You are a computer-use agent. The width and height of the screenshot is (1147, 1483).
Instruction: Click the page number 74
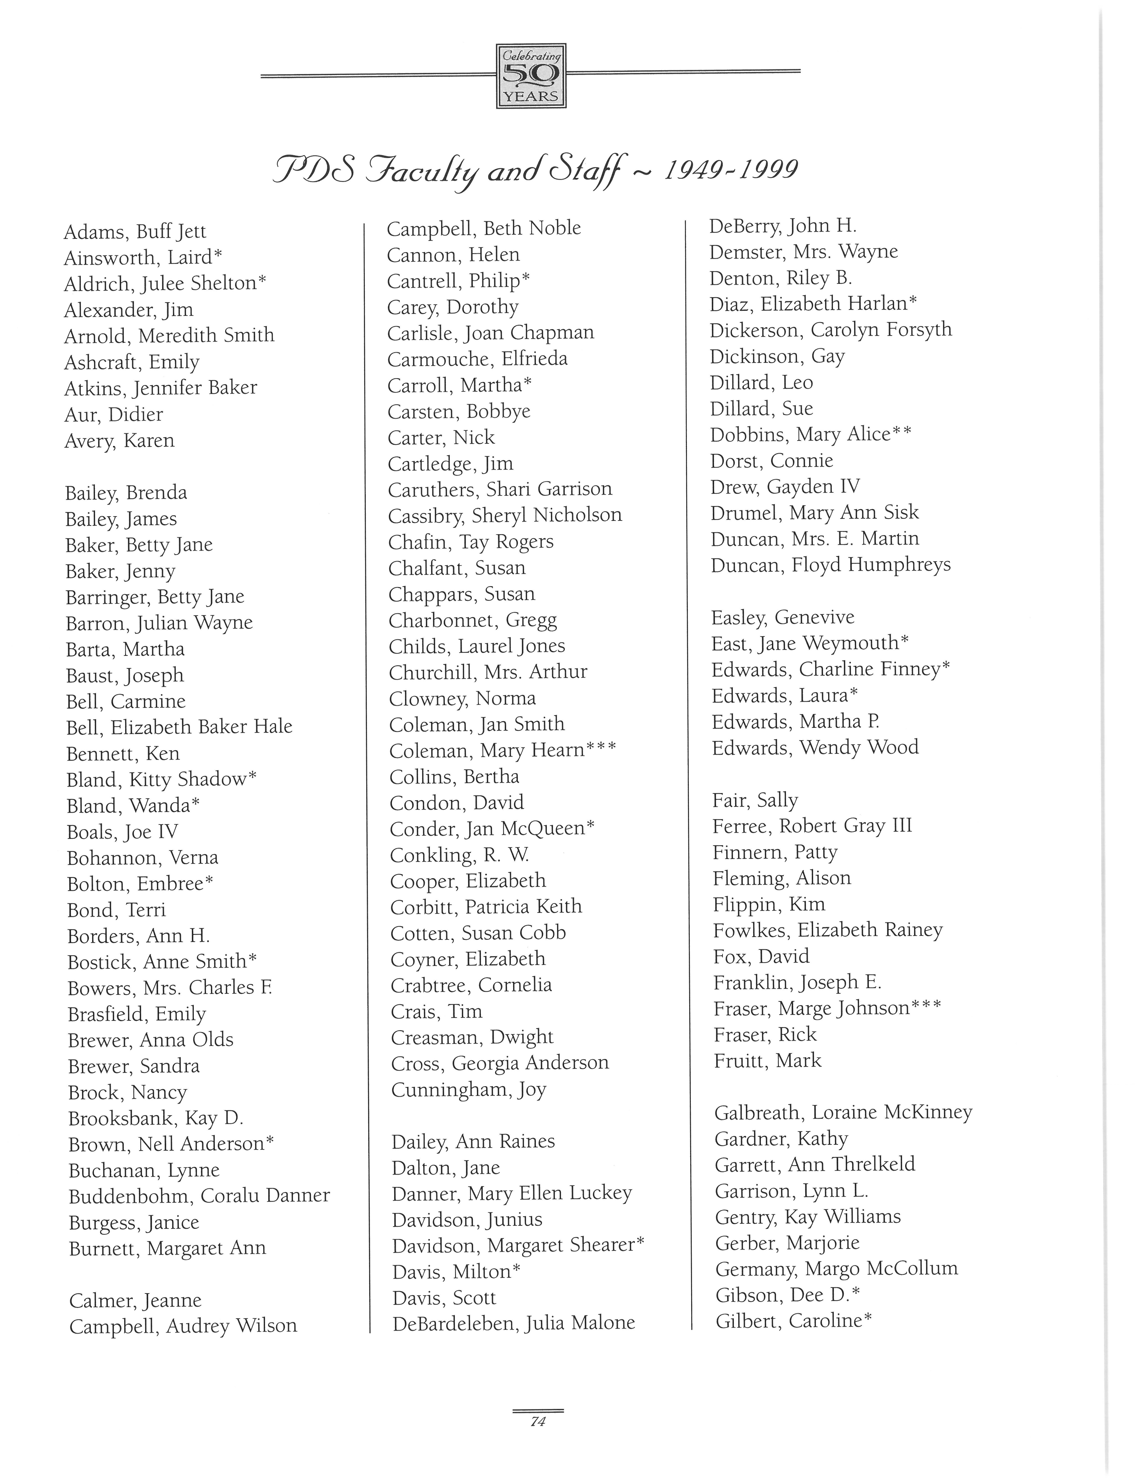(538, 1421)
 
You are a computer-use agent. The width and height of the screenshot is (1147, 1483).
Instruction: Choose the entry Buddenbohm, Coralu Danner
(199, 1196)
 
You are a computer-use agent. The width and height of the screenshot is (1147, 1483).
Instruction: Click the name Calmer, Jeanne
(135, 1300)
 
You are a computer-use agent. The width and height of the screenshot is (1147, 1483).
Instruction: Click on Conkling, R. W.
(459, 855)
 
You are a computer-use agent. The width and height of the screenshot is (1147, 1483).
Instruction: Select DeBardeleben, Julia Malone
(514, 1323)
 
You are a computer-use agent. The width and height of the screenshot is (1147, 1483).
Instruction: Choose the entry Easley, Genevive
(783, 617)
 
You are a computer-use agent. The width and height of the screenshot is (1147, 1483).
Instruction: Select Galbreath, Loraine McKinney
(843, 1112)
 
